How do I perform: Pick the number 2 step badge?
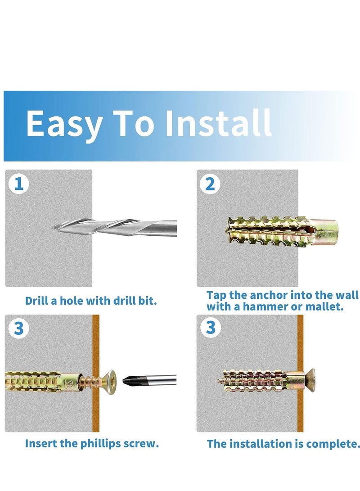click(x=210, y=185)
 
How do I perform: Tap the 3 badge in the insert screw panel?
click(x=18, y=328)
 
